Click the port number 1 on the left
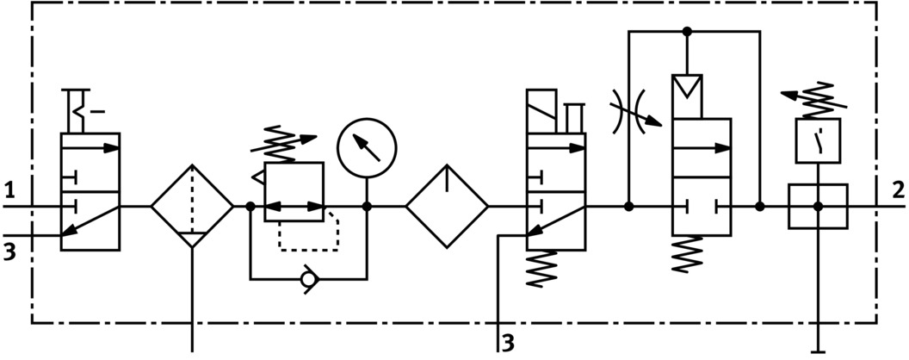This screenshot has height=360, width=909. (x=10, y=189)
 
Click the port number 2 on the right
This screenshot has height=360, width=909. (x=898, y=189)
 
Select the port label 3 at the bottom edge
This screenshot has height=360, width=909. (x=509, y=343)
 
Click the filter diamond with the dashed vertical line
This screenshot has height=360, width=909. (x=192, y=207)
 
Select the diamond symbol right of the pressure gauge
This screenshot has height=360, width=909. (x=447, y=207)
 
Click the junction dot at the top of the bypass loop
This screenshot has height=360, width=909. (x=687, y=32)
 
